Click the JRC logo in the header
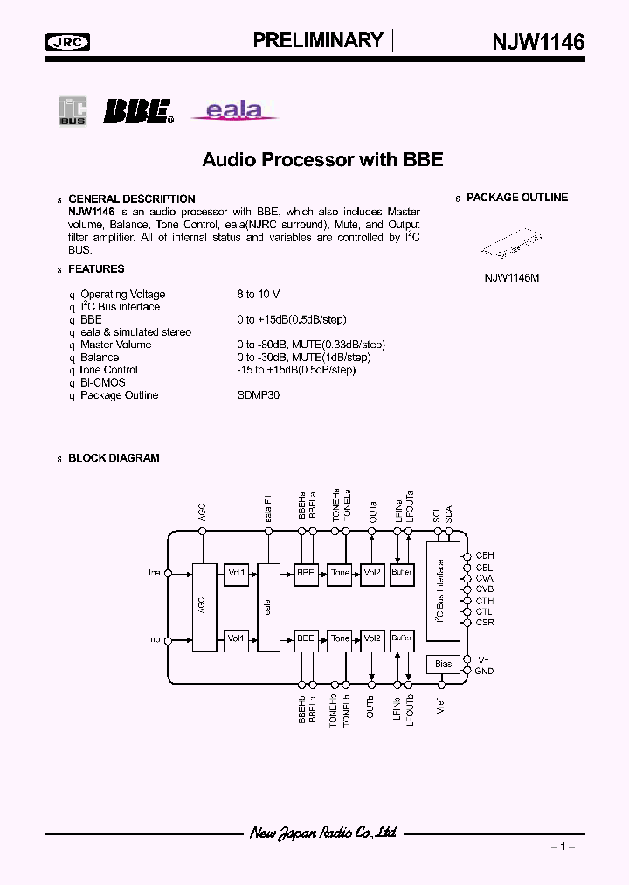[x=68, y=41]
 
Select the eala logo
[x=233, y=109]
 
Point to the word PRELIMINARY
[x=318, y=40]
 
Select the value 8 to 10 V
[x=258, y=294]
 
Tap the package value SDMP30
[x=258, y=395]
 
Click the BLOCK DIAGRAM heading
[x=114, y=458]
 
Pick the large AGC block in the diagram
[x=203, y=606]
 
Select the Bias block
[x=443, y=664]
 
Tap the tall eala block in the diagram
[x=269, y=606]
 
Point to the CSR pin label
[x=484, y=623]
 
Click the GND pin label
[x=484, y=671]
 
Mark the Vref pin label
[x=441, y=707]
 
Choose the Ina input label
[x=154, y=574]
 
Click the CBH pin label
[x=484, y=555]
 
